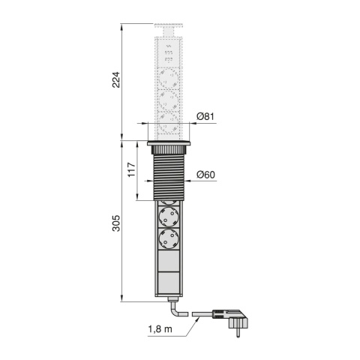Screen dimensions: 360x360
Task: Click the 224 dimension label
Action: tap(115, 80)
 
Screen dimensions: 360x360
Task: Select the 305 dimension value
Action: tap(115, 223)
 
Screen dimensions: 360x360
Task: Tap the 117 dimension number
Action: tap(131, 169)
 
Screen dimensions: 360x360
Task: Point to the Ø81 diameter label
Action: tap(205, 116)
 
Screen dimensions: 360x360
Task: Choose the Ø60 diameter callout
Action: tap(205, 175)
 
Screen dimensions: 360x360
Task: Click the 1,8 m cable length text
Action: tap(160, 329)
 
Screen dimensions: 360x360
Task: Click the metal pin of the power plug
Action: tap(238, 333)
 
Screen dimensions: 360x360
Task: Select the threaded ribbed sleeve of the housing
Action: tap(169, 177)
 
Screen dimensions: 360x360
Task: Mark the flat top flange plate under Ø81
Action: tap(169, 143)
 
